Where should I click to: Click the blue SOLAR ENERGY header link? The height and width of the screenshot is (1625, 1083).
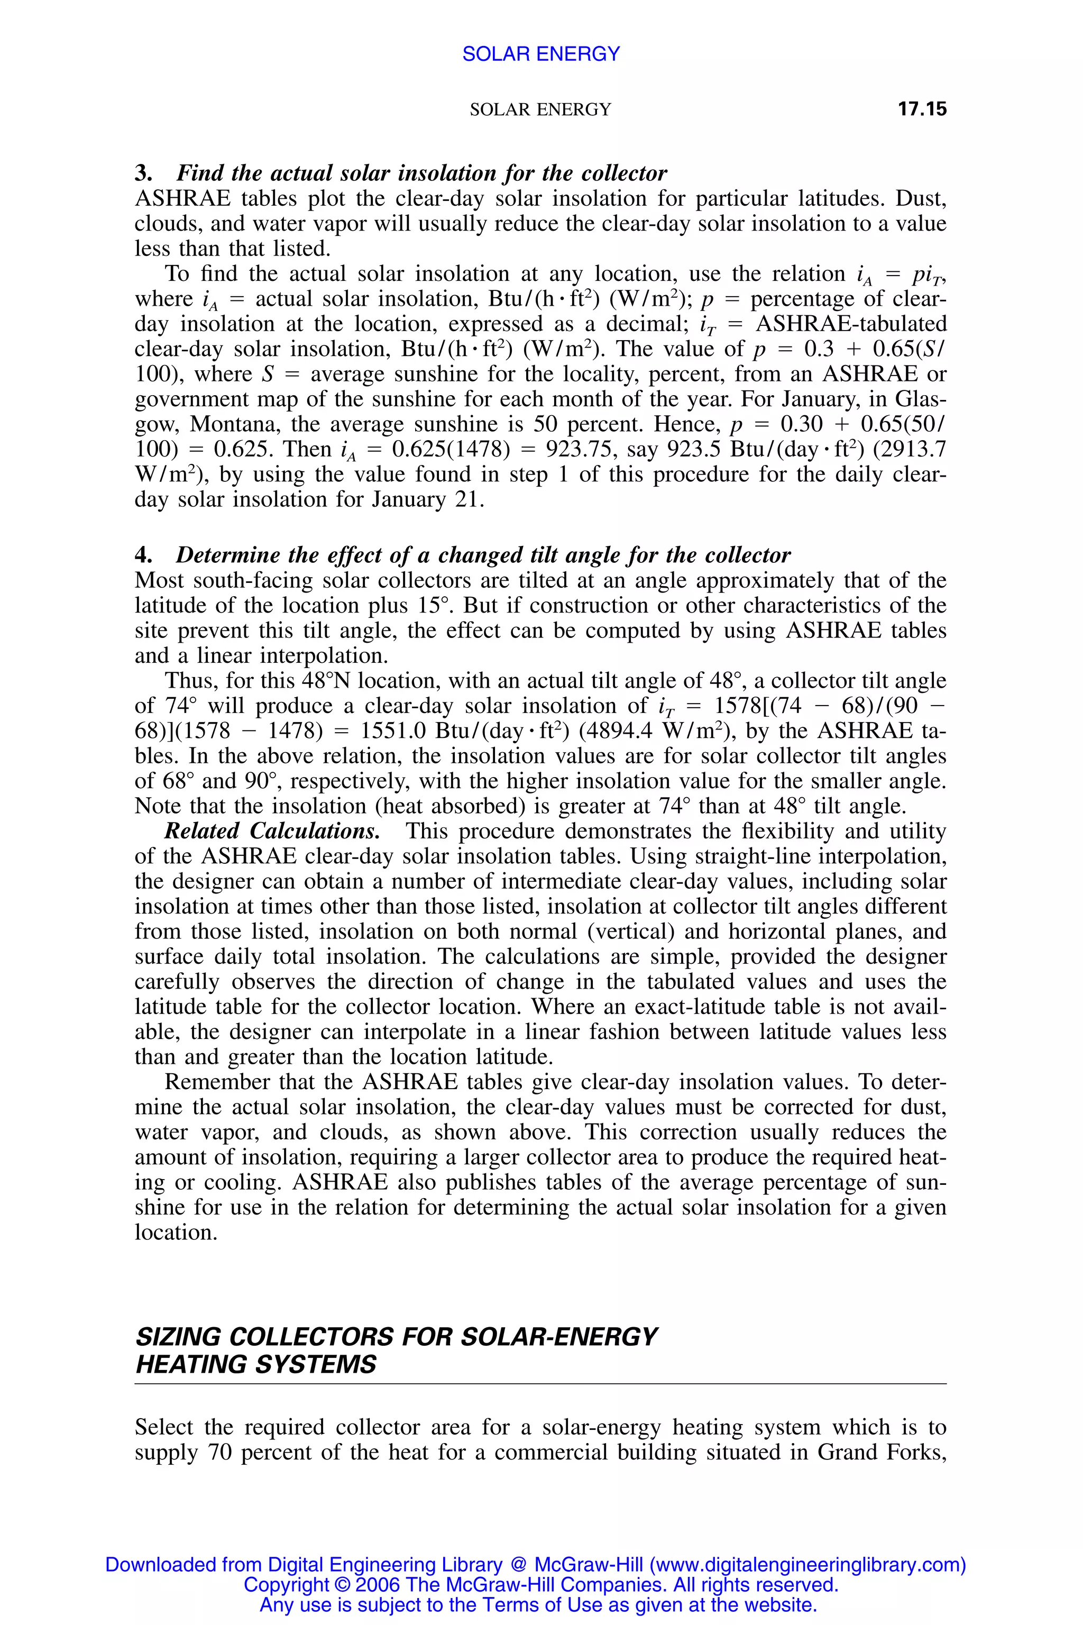[541, 54]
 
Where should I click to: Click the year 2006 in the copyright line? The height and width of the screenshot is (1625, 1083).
[378, 1585]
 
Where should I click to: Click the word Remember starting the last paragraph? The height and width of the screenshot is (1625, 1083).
[217, 1081]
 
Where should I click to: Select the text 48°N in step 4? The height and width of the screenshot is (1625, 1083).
[327, 681]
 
